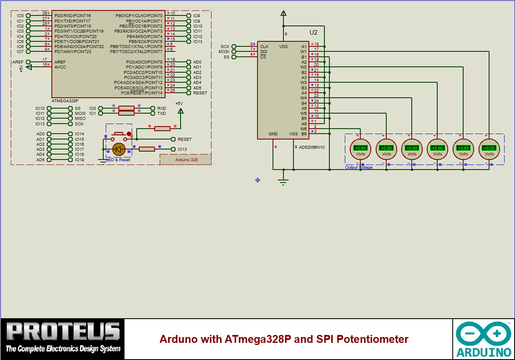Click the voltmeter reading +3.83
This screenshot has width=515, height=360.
[463, 149]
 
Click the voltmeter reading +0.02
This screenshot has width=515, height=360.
[489, 149]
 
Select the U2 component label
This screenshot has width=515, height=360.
[314, 33]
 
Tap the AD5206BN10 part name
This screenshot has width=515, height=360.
[312, 147]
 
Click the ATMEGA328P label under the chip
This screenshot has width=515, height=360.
[65, 101]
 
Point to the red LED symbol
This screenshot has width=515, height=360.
[119, 149]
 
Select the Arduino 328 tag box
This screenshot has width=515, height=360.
[186, 160]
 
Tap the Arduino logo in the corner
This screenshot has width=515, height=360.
[484, 338]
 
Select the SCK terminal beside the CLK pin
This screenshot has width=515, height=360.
[225, 46]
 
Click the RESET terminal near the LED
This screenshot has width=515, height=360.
[184, 139]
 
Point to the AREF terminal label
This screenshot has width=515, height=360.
[18, 62]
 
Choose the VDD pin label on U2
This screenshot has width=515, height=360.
[283, 46]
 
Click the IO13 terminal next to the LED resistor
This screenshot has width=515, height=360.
[182, 149]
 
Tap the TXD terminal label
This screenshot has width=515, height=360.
[161, 113]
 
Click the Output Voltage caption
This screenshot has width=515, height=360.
[359, 167]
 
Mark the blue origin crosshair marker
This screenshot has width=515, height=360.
[258, 180]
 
